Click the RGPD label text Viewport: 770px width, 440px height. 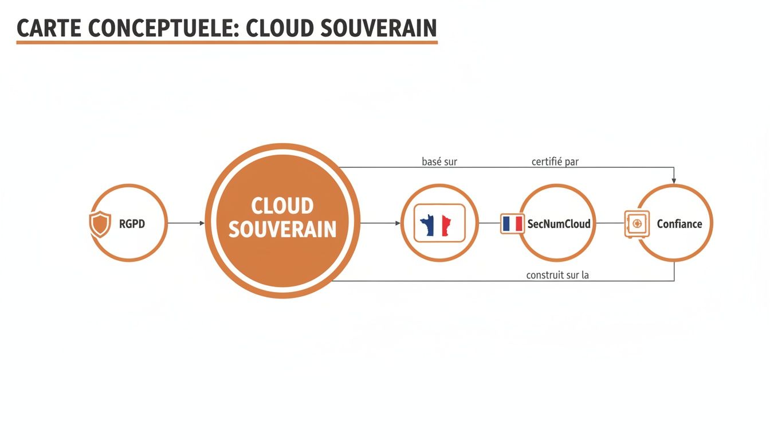[x=132, y=223]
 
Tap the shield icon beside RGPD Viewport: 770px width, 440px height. [x=100, y=223]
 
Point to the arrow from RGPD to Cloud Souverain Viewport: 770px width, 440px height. [x=186, y=223]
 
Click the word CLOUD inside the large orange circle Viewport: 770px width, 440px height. [x=282, y=206]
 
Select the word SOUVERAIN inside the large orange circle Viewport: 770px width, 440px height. [x=282, y=229]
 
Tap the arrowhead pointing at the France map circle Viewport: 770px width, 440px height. [x=398, y=223]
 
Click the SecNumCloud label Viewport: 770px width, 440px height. [x=559, y=224]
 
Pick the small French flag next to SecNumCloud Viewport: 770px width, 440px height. [x=512, y=223]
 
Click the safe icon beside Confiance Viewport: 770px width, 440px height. [x=637, y=223]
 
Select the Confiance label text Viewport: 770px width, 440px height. [x=679, y=224]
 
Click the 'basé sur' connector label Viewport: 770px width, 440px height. [x=439, y=162]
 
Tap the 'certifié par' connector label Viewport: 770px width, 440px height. [x=555, y=162]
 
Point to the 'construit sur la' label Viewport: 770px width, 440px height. [x=557, y=275]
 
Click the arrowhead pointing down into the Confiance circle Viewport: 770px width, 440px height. [x=674, y=180]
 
